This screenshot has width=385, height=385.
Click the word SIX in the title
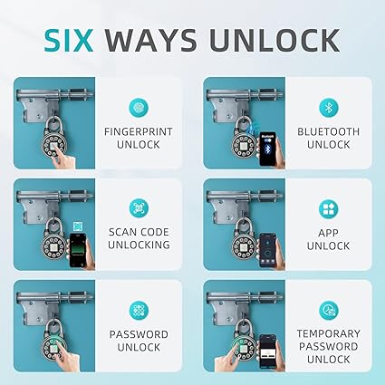[69, 40]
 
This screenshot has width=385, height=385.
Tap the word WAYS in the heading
[151, 40]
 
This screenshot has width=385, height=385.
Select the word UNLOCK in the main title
[274, 40]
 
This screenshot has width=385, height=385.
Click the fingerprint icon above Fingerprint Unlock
[139, 108]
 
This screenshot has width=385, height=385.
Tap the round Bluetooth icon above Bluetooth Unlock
[329, 108]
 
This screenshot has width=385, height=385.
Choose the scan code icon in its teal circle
[139, 208]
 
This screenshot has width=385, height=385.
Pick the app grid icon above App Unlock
[329, 208]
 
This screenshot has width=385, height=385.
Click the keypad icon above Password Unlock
[139, 310]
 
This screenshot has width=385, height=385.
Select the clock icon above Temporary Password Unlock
[329, 310]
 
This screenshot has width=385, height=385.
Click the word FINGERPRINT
[139, 131]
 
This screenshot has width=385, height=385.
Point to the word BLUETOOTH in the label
[329, 131]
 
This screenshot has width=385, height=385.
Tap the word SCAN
[123, 232]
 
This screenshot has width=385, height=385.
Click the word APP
[329, 233]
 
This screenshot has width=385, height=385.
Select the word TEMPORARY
[329, 333]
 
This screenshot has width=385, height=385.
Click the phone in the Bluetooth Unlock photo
[268, 149]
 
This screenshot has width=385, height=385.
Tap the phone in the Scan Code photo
[78, 250]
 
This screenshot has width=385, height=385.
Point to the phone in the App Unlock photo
[268, 250]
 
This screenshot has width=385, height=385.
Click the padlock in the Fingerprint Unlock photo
[54, 139]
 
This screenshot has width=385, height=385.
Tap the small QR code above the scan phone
[78, 226]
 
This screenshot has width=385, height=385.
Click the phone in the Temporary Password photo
[268, 351]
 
